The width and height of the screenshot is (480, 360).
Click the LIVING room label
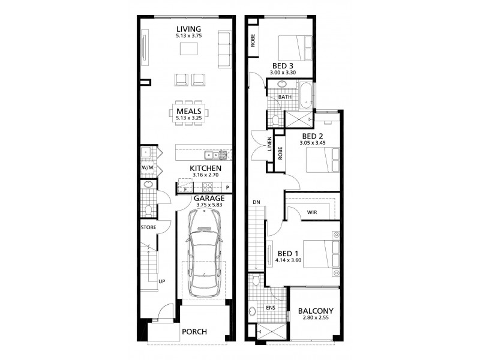click(x=188, y=29)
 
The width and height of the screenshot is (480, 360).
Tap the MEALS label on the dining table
click(x=188, y=111)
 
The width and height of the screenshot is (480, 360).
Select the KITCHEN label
click(x=206, y=169)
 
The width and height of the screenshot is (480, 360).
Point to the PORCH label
click(x=194, y=332)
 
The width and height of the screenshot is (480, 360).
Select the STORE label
click(x=148, y=227)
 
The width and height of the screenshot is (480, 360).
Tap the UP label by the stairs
click(x=161, y=281)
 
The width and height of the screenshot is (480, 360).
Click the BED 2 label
click(x=313, y=136)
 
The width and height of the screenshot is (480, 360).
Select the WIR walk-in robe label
click(x=312, y=212)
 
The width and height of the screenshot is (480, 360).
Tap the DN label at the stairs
click(x=256, y=202)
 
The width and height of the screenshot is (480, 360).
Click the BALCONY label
click(x=316, y=311)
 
